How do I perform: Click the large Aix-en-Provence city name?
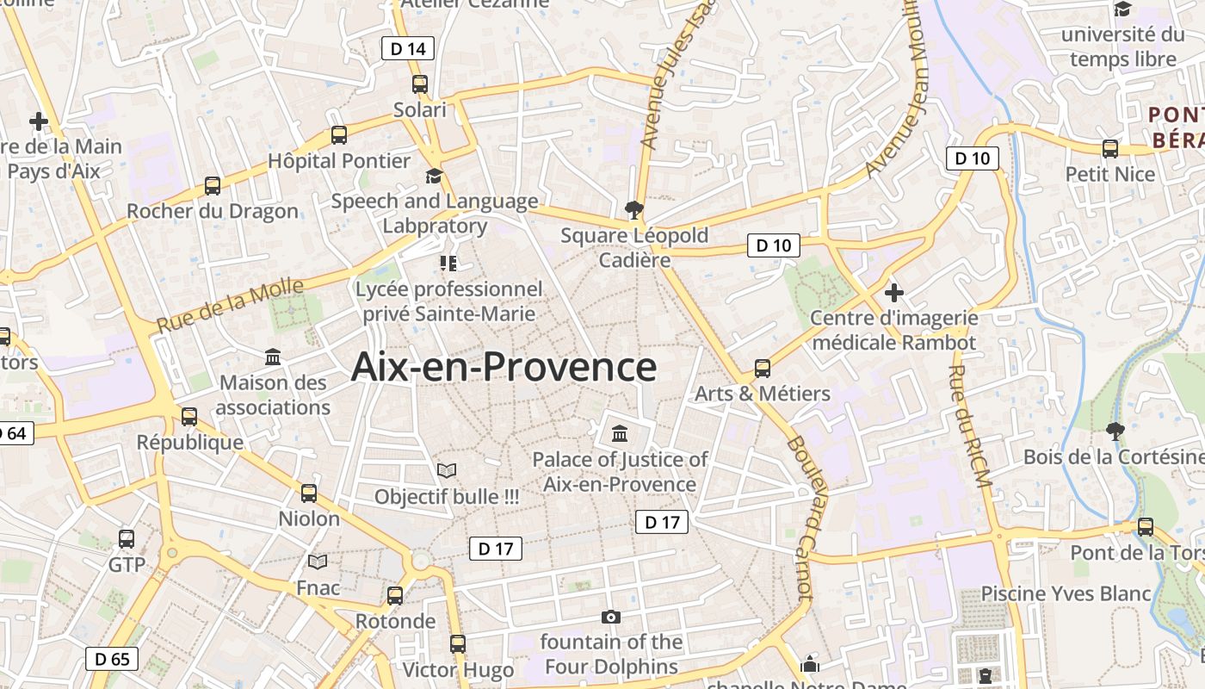tap(504, 367)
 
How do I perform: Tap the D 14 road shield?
tap(408, 48)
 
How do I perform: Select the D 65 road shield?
tap(112, 660)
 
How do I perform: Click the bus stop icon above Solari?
tap(420, 84)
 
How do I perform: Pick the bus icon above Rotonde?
tap(395, 595)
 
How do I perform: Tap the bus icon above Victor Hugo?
tap(458, 643)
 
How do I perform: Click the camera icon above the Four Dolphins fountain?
tap(611, 617)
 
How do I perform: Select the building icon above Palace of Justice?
tap(620, 433)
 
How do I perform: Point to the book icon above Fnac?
tap(318, 562)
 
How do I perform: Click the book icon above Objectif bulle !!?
tap(446, 470)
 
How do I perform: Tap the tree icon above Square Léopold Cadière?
tap(634, 209)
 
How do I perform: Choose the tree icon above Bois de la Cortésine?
tap(1115, 431)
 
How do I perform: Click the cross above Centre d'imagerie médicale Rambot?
tap(894, 292)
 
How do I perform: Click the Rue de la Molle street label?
tap(231, 305)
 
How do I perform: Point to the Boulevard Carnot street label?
tap(800, 517)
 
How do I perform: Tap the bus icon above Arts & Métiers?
tap(763, 369)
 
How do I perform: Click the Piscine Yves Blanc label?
tap(1066, 593)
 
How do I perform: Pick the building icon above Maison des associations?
tap(273, 357)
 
